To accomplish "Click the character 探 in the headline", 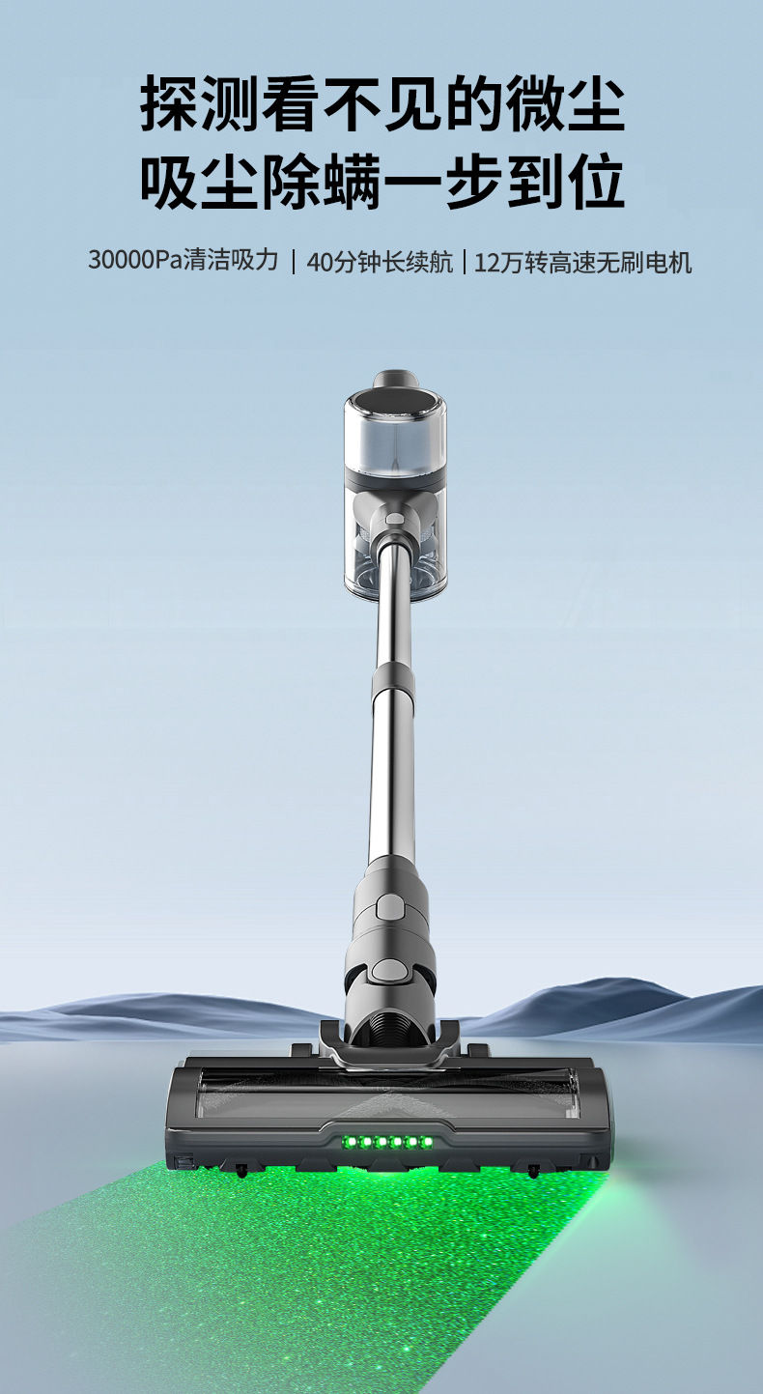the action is (x=169, y=102).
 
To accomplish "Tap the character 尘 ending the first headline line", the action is (x=596, y=102).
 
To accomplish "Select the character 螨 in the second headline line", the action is (x=352, y=181).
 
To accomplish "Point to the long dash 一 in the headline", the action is (x=412, y=182).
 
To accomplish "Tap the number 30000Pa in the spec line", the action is (x=134, y=260).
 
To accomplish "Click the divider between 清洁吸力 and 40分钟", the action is (x=293, y=262).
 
